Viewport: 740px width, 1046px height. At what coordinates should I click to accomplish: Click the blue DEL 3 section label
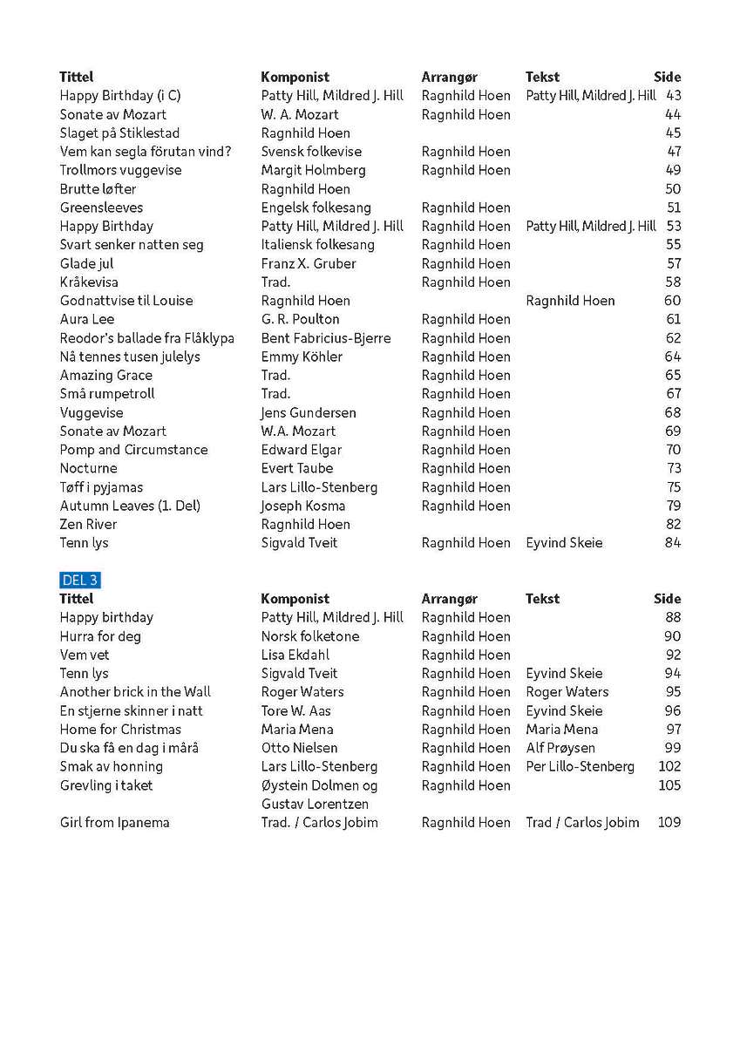[81, 580]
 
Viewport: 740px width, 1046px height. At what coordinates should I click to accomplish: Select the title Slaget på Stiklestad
[119, 133]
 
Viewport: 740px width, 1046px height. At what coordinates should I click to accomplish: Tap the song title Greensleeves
[101, 207]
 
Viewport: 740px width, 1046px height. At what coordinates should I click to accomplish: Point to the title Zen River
[88, 525]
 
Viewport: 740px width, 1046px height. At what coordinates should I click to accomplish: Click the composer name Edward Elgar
[302, 450]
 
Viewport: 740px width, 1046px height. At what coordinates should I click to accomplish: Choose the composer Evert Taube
[297, 468]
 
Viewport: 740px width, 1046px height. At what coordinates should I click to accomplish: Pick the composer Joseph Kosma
[303, 506]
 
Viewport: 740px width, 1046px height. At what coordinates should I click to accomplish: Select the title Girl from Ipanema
[114, 823]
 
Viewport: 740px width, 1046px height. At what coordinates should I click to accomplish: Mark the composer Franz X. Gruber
[309, 263]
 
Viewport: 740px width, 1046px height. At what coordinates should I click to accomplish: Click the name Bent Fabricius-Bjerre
[326, 338]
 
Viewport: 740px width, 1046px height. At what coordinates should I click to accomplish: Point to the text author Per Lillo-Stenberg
[580, 767]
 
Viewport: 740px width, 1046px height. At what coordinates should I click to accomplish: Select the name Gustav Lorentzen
[315, 804]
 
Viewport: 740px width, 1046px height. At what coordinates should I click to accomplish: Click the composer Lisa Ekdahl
[295, 655]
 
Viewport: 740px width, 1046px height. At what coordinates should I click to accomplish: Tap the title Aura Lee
[87, 319]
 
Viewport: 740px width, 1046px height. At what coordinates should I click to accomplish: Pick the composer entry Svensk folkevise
[311, 152]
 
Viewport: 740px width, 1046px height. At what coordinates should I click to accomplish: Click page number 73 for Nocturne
[673, 468]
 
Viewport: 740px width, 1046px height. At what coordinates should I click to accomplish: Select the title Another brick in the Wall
[135, 692]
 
